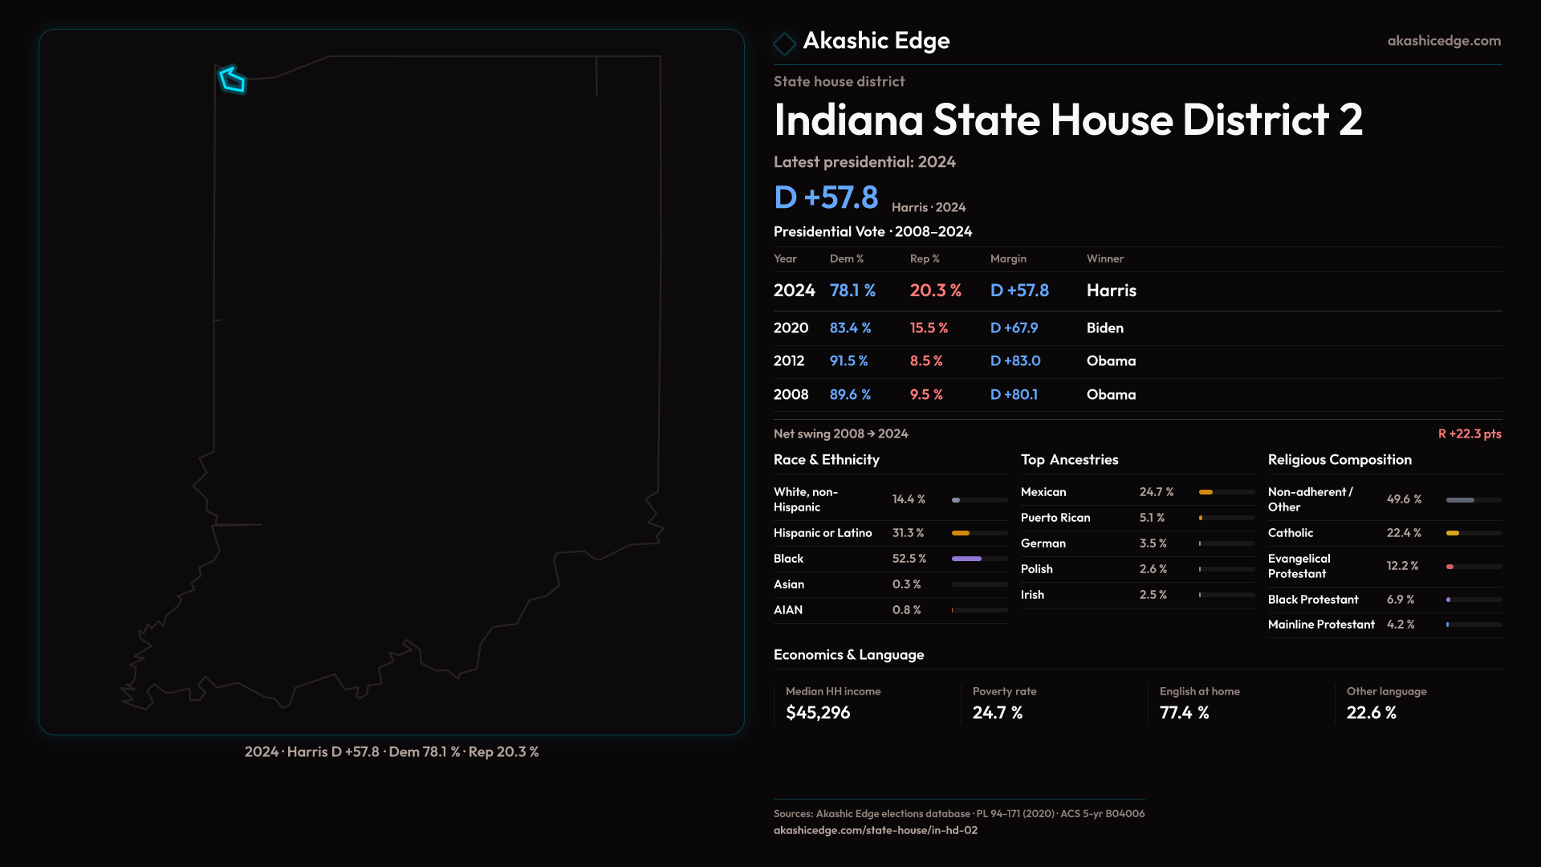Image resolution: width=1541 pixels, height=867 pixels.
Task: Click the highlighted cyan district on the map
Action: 233,80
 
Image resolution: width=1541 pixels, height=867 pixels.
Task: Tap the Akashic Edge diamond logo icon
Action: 784,43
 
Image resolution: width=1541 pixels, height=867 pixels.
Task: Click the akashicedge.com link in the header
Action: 1444,40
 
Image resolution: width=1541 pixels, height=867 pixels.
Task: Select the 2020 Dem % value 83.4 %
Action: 850,328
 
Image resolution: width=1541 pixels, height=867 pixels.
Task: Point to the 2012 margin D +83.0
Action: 1015,360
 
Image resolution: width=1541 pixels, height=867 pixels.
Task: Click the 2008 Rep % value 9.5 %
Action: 926,394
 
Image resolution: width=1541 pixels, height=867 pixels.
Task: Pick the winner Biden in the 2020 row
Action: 1105,328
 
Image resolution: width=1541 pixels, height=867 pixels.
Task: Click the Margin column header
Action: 1008,258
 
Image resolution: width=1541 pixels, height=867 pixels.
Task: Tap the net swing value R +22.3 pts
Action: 1470,433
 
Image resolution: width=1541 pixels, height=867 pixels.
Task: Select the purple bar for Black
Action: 966,559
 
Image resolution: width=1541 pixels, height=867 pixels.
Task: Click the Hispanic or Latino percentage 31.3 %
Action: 908,533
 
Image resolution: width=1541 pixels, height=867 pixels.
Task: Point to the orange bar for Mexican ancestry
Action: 1206,492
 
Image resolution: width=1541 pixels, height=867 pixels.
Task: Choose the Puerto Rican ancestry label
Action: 1055,518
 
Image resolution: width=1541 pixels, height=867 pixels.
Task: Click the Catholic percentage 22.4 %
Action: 1404,533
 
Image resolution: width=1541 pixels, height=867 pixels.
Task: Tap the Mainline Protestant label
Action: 1321,625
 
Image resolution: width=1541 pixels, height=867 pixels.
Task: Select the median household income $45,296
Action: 818,713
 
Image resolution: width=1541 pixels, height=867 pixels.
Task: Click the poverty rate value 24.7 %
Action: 998,713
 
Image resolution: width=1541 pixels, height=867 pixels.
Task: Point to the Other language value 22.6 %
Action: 1372,713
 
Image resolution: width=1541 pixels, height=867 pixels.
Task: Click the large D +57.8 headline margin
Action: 826,197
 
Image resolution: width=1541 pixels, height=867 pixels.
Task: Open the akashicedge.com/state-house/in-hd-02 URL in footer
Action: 876,830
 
